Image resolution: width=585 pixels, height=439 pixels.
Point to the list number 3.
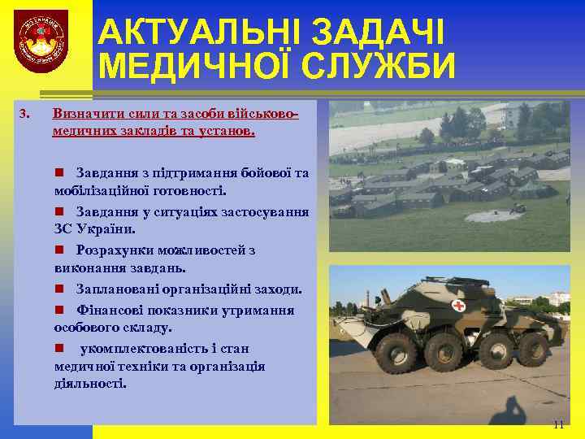pyautogui.click(x=24, y=111)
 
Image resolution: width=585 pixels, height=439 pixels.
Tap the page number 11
pyautogui.click(x=557, y=424)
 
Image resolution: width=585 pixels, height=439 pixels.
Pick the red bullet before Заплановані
pyautogui.click(x=59, y=289)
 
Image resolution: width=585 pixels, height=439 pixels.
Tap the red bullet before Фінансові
pyautogui.click(x=59, y=311)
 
